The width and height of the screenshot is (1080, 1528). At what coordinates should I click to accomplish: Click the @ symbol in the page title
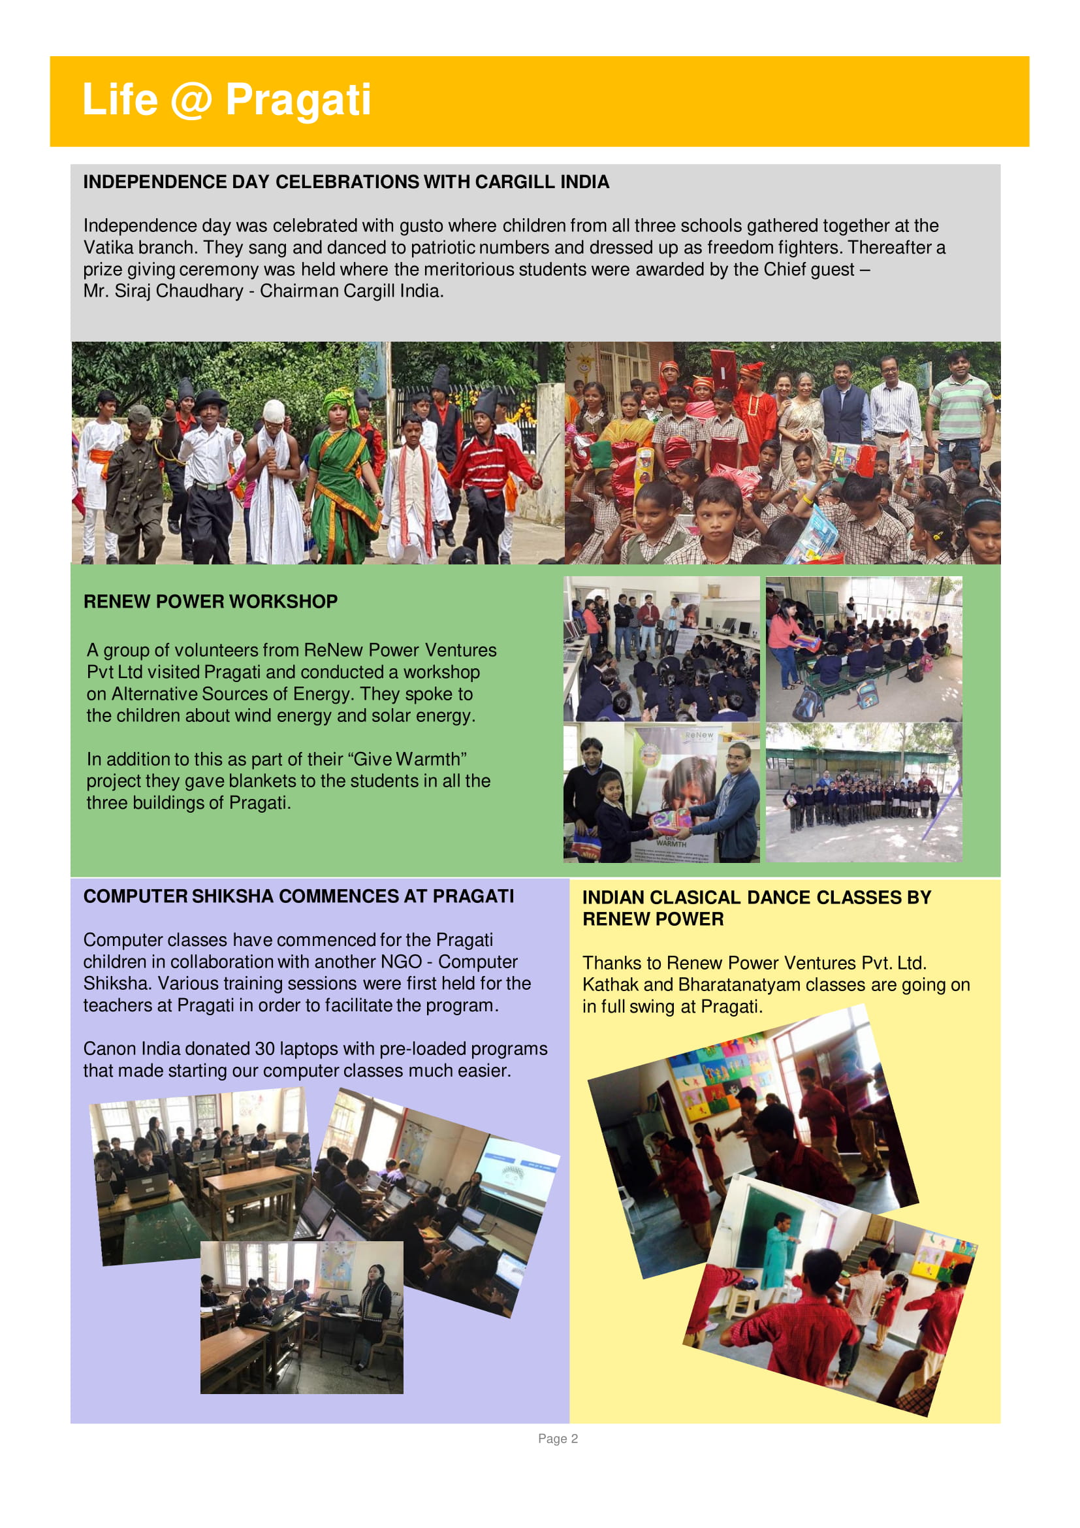click(191, 101)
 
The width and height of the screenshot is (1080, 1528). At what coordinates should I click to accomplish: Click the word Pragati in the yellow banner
click(298, 100)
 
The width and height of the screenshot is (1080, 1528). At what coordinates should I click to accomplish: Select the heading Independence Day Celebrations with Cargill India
click(346, 182)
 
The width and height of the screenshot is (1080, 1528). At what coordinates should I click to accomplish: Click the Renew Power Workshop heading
click(210, 602)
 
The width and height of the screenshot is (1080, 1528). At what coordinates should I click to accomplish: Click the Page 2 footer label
click(557, 1439)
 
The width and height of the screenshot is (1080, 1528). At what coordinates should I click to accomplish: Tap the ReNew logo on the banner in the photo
click(698, 736)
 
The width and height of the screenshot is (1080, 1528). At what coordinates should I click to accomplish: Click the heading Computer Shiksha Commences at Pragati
click(298, 896)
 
